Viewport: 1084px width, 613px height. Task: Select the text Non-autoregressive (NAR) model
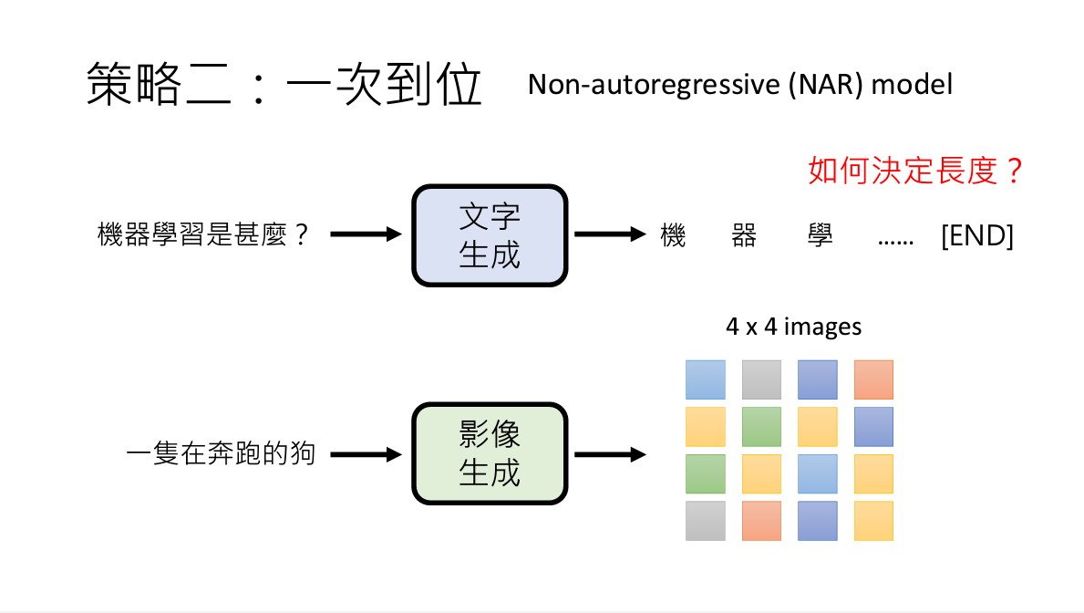(740, 85)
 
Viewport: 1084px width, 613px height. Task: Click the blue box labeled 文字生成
(490, 234)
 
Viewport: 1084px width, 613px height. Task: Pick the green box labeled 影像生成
(490, 453)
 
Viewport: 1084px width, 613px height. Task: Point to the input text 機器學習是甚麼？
(204, 235)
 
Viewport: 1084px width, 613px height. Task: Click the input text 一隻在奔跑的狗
(222, 453)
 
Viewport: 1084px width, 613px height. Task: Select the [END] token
(976, 236)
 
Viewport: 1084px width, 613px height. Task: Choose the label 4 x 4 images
(793, 327)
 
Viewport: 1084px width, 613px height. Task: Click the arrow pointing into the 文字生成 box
(366, 234)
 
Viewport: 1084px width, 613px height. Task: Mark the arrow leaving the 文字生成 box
(610, 234)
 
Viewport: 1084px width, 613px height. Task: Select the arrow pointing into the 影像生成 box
(366, 453)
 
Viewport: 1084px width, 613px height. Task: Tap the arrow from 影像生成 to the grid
(610, 453)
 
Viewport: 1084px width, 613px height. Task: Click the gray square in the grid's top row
(761, 379)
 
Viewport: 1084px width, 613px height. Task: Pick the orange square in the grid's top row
(873, 379)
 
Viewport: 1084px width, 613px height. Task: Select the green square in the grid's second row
(761, 426)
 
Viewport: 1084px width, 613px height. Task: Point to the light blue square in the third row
(818, 473)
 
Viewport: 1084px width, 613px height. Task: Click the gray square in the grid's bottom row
(705, 520)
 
